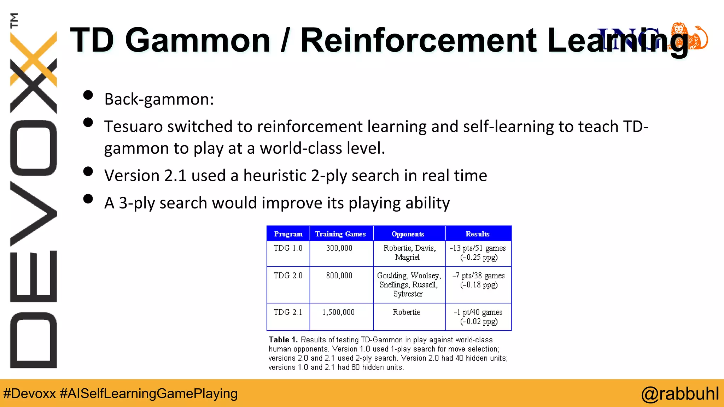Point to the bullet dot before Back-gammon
click(x=88, y=95)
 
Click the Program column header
click(x=288, y=234)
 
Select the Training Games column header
click(x=340, y=234)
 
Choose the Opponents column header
click(x=408, y=234)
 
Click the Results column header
click(x=478, y=234)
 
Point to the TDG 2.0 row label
click(x=288, y=276)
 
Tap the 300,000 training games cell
click(x=339, y=248)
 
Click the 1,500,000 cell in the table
click(x=338, y=312)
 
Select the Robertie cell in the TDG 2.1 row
click(x=407, y=312)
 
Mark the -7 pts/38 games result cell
click(x=479, y=276)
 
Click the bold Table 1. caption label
click(x=283, y=340)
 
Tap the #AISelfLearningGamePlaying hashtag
click(x=149, y=394)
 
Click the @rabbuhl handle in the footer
click(x=680, y=394)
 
